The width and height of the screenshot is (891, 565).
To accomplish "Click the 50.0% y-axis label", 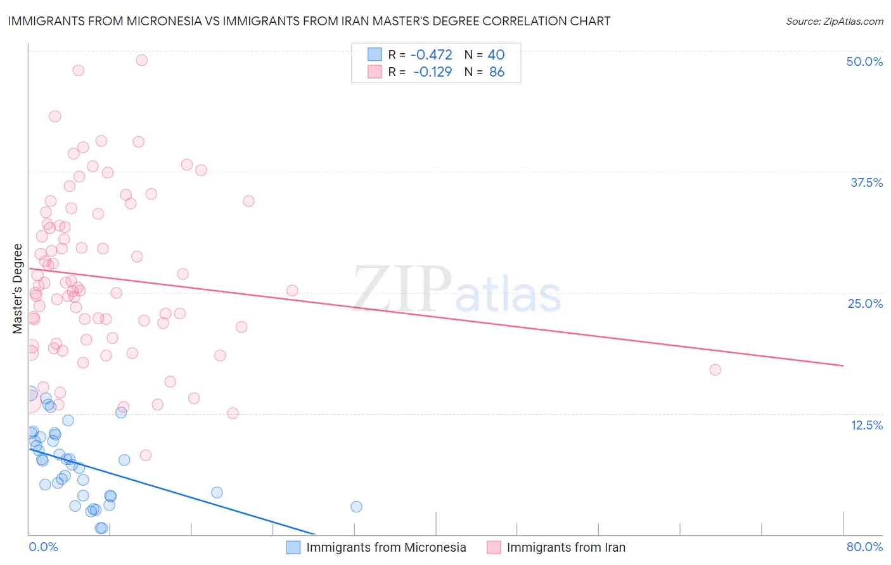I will [864, 61].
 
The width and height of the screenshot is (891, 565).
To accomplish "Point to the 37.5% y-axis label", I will [866, 182].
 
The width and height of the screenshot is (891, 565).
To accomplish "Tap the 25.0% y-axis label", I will [865, 303].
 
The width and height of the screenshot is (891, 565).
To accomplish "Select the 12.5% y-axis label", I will [866, 425].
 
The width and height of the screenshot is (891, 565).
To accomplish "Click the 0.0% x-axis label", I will [43, 547].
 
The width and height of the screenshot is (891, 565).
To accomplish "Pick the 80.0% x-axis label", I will [864, 547].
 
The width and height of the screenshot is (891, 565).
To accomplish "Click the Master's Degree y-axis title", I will [17, 288].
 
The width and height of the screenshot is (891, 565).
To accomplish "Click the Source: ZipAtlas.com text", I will [834, 22].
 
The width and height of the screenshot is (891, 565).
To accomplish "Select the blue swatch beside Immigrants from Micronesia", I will [293, 547].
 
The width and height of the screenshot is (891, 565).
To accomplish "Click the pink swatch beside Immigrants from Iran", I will [494, 547].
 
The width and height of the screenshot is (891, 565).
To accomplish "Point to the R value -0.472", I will [432, 55].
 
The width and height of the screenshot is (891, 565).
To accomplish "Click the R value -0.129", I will [432, 72].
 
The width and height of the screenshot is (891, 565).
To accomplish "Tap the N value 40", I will [496, 55].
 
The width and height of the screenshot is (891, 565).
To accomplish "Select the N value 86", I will [497, 72].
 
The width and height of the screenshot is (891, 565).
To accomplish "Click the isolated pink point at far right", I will [715, 370].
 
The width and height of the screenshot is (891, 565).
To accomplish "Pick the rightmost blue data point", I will [356, 507].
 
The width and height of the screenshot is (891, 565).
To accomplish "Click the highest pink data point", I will [142, 60].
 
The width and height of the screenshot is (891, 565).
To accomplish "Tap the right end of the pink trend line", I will [843, 365].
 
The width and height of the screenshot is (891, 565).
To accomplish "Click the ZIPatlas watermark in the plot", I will [457, 290].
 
